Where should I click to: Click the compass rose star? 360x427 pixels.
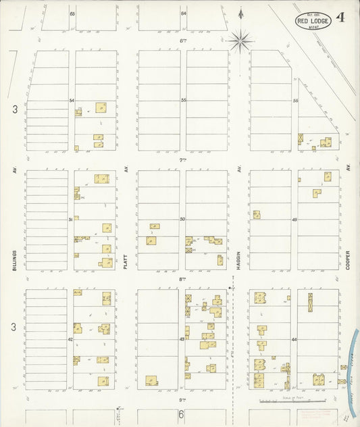[x=240, y=41]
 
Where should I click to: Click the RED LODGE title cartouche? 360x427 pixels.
[x=313, y=20]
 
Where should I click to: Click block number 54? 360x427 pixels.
[x=71, y=100]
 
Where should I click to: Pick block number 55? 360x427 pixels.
[x=183, y=100]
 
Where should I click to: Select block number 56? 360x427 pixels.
[x=295, y=100]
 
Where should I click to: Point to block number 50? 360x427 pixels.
[x=182, y=220]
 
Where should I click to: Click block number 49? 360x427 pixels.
[x=294, y=220]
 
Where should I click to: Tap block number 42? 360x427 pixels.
[x=70, y=339]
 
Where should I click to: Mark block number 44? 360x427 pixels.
[x=294, y=339]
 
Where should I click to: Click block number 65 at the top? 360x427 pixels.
[x=72, y=14]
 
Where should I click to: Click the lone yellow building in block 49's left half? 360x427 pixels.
[x=257, y=215]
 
